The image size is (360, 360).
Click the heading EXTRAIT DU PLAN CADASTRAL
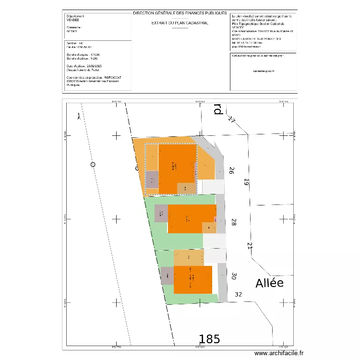[x=180, y=23]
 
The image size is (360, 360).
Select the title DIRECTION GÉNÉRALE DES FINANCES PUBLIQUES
[x=180, y=13]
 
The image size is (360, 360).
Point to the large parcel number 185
[x=210, y=339]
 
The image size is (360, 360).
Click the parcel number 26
[x=231, y=170]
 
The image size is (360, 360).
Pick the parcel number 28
[x=234, y=222]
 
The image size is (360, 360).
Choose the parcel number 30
[x=234, y=276]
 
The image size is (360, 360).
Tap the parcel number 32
[x=239, y=294]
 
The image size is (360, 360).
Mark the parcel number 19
[x=247, y=182]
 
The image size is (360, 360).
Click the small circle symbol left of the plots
[x=93, y=165]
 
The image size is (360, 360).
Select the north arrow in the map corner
[x=79, y=115]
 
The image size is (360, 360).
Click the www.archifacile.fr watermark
[x=279, y=353]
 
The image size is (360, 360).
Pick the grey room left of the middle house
[x=161, y=213]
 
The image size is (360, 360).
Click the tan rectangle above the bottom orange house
[x=189, y=257]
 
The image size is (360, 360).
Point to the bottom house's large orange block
[x=192, y=279]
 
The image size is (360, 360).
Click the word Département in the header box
[x=74, y=16]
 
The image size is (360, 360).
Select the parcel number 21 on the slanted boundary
[x=250, y=246]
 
